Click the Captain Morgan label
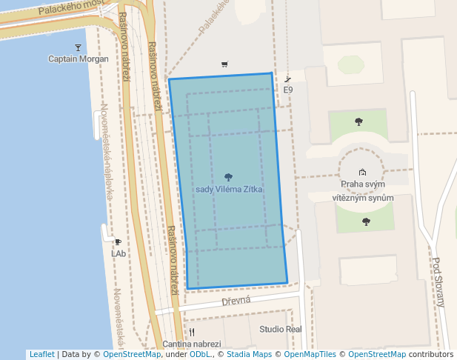(x=78, y=59)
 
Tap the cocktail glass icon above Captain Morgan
(x=78, y=48)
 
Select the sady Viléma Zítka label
(x=229, y=189)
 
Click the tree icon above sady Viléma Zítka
(x=228, y=177)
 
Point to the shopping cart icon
(x=224, y=64)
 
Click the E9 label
(x=288, y=90)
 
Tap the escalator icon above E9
(x=288, y=79)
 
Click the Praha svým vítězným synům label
(x=362, y=191)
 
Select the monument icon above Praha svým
(x=362, y=173)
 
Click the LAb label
(x=119, y=253)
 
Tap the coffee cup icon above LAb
(x=118, y=242)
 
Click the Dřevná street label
(x=236, y=301)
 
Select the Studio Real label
(x=281, y=329)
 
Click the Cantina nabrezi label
(x=192, y=344)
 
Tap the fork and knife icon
(x=192, y=332)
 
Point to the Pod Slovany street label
(x=438, y=281)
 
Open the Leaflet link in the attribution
(x=41, y=354)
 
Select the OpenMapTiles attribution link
(x=305, y=354)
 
